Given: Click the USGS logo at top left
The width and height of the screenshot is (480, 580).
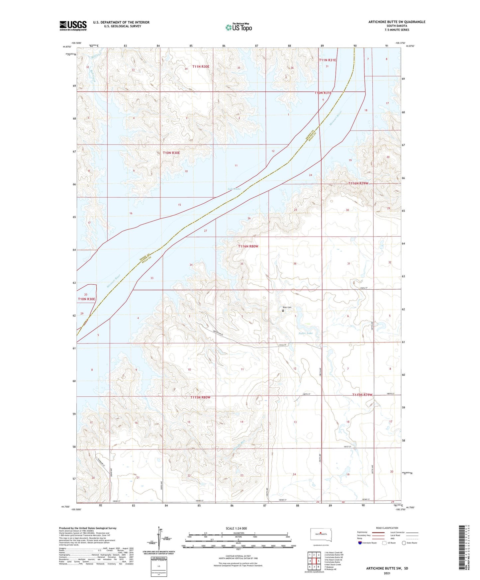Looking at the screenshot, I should point(73,25).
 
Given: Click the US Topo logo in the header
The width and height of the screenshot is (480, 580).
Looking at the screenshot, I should point(239,27).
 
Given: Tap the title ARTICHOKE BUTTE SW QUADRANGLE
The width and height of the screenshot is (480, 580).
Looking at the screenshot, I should point(397,22).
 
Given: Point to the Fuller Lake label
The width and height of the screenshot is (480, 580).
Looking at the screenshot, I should point(305,333).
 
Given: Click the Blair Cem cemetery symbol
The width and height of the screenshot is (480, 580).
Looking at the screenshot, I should point(283,311).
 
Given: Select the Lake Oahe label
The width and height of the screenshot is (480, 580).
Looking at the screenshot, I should point(234,189).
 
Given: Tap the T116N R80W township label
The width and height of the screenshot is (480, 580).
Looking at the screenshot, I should point(248,246).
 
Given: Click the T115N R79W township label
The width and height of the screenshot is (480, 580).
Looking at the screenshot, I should point(362,395).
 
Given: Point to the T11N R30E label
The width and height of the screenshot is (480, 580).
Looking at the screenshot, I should point(201,66).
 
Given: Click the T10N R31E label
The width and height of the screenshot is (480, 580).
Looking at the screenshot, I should point(323,93).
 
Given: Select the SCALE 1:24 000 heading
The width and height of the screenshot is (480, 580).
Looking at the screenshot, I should point(236,529).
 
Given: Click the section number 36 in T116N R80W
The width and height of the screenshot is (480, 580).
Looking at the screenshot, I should point(295,263).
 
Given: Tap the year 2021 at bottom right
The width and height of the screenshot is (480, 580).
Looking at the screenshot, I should point(387,573).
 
